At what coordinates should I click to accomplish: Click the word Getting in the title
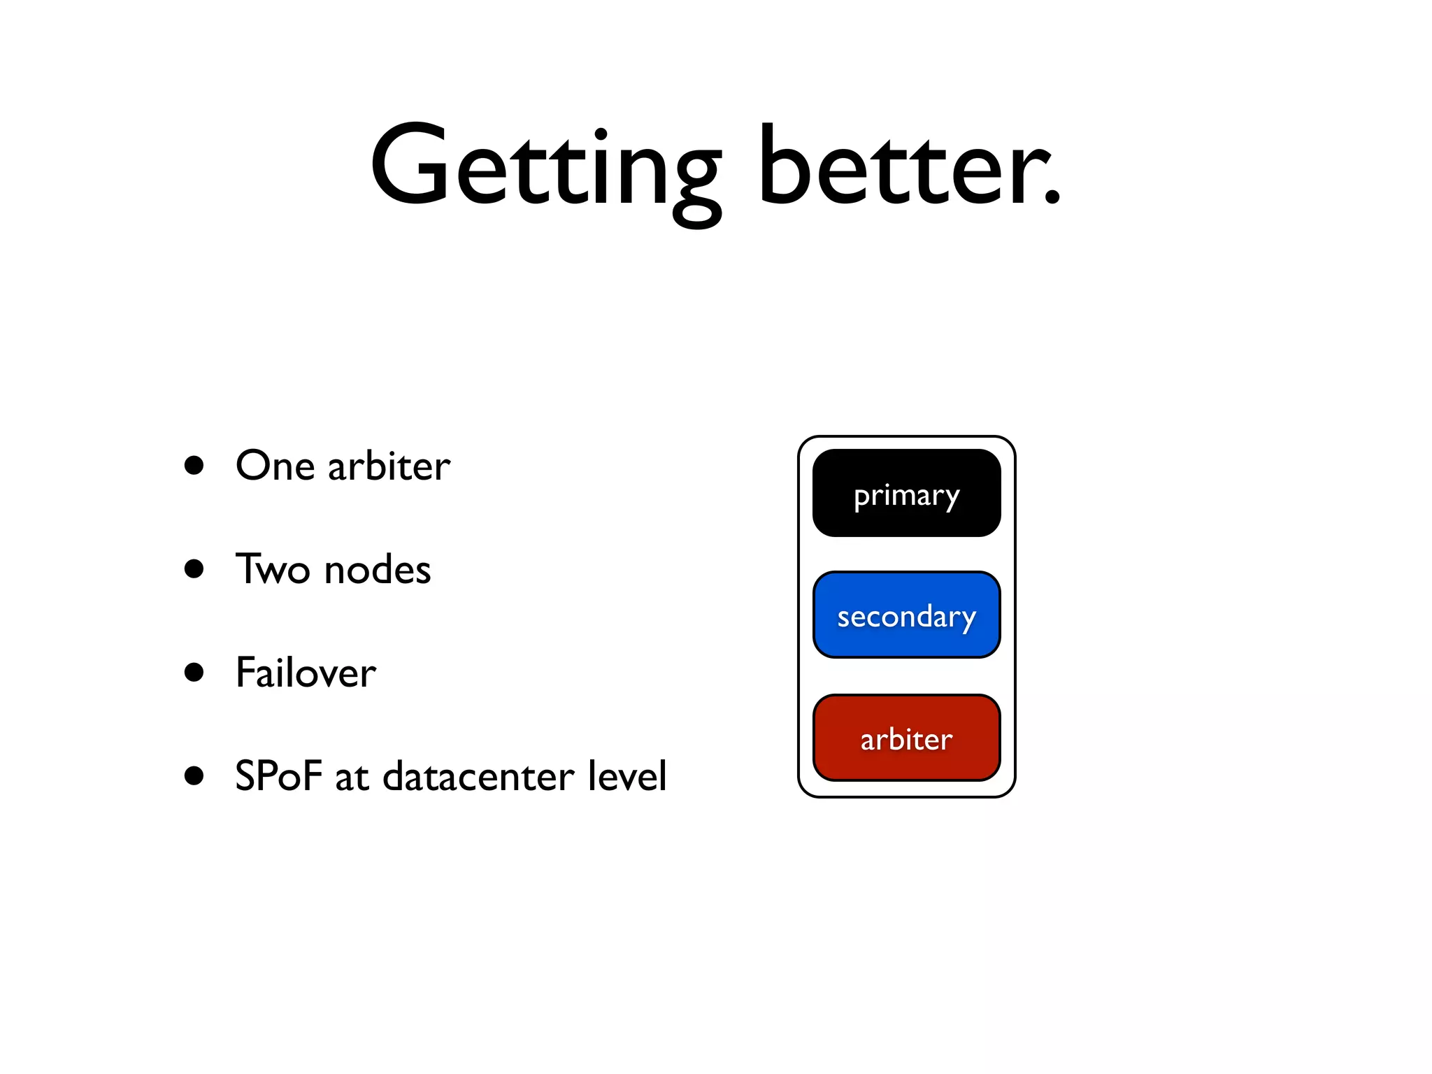pos(545,168)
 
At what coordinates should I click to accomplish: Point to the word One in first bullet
pos(275,466)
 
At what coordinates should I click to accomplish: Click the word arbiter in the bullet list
pos(389,466)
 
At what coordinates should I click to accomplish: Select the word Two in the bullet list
pos(272,569)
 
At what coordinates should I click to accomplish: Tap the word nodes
pos(378,569)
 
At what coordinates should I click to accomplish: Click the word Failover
pos(306,673)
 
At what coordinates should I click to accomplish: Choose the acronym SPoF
pos(278,776)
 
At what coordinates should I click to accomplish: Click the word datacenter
pos(479,776)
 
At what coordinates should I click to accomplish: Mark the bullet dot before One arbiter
pos(194,466)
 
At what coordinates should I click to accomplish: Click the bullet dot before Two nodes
pos(194,569)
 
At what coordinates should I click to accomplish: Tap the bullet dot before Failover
pos(194,673)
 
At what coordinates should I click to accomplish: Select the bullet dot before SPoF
pos(194,776)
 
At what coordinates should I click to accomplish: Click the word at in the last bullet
pos(352,778)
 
